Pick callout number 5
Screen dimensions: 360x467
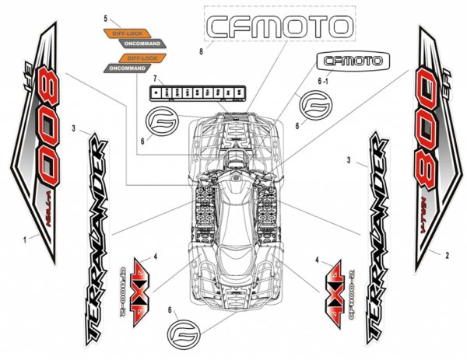pyautogui.click(x=105, y=16)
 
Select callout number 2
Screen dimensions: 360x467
pyautogui.click(x=447, y=254)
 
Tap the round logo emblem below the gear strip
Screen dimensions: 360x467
pyautogui.click(x=161, y=121)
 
